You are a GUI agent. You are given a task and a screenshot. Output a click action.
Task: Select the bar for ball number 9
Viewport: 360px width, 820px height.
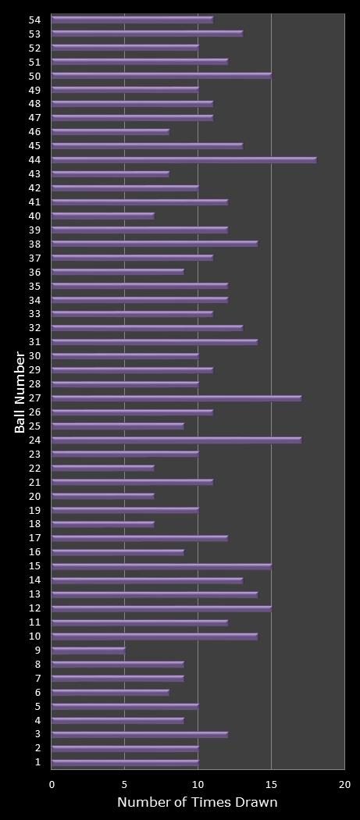pyautogui.click(x=88, y=650)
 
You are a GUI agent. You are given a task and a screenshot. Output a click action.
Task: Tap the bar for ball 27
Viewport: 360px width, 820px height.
pyautogui.click(x=176, y=398)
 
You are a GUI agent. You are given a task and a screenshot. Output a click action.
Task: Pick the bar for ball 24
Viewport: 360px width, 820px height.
pyautogui.click(x=176, y=440)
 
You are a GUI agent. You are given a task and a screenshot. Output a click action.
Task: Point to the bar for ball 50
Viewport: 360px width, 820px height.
pyautogui.click(x=162, y=76)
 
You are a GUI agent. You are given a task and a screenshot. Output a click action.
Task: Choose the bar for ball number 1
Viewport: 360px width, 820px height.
pyautogui.click(x=125, y=762)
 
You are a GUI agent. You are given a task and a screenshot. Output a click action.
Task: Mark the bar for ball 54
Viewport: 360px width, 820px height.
pyautogui.click(x=132, y=20)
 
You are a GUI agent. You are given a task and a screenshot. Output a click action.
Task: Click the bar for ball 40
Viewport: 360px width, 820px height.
pyautogui.click(x=103, y=216)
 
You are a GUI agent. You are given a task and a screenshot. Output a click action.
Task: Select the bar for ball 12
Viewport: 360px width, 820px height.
pyautogui.click(x=162, y=608)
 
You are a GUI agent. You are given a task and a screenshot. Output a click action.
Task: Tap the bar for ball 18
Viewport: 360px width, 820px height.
pyautogui.click(x=103, y=524)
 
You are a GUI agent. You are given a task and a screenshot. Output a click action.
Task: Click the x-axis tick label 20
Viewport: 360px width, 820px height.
pyautogui.click(x=344, y=784)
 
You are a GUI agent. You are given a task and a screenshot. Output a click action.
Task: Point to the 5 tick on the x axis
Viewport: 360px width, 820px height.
pyautogui.click(x=125, y=784)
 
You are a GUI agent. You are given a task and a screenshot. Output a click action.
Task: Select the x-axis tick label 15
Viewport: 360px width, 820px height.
pyautogui.click(x=271, y=784)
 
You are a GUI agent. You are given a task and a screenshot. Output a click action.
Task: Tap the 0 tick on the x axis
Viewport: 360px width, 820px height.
pyautogui.click(x=52, y=784)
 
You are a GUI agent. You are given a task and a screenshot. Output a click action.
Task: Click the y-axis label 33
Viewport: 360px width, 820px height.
pyautogui.click(x=34, y=314)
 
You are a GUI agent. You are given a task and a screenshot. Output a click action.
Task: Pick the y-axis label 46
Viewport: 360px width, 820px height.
pyautogui.click(x=34, y=132)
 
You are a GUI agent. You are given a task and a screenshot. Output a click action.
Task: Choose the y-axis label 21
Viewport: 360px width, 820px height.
pyautogui.click(x=34, y=482)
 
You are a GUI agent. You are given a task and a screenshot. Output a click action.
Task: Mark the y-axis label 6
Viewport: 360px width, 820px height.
pyautogui.click(x=37, y=692)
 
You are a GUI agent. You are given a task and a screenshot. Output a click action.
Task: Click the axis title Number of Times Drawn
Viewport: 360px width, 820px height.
pyautogui.click(x=197, y=803)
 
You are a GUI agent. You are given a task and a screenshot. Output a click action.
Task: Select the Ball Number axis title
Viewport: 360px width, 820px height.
pyautogui.click(x=20, y=392)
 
